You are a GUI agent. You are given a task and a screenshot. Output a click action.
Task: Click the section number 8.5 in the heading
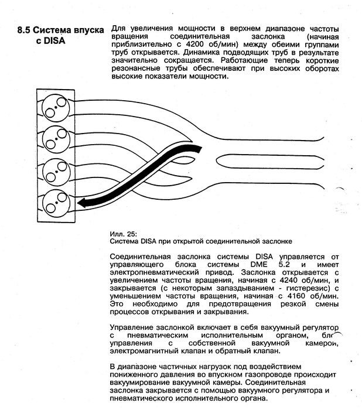(26, 30)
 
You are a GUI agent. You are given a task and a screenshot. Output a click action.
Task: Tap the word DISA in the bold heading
(56, 41)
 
